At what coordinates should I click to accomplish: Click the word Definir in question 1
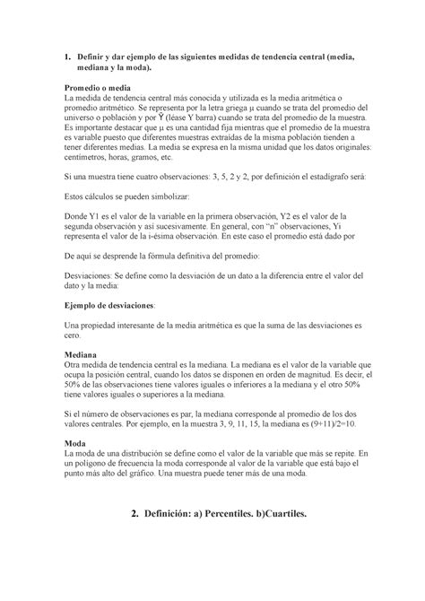pyautogui.click(x=97, y=57)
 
